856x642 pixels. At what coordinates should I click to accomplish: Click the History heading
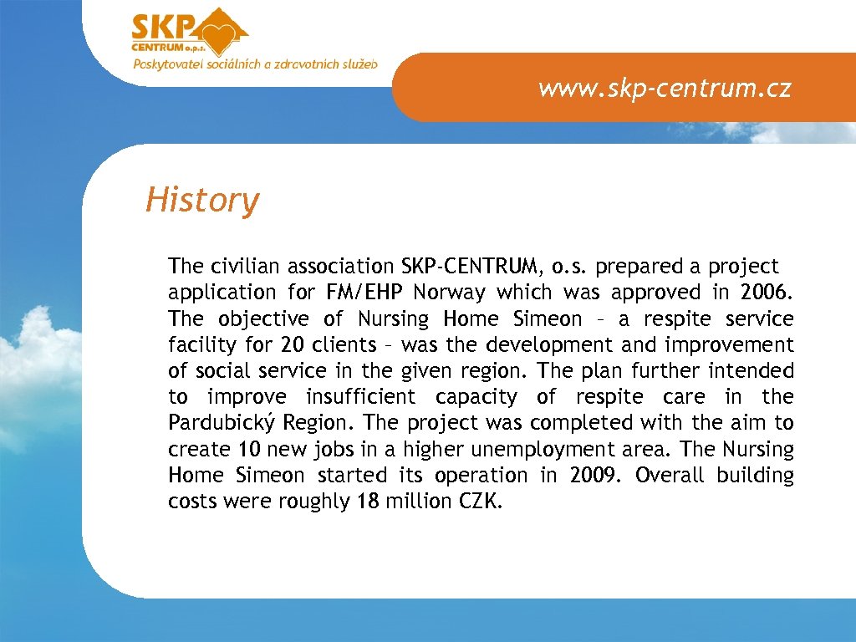[202, 201]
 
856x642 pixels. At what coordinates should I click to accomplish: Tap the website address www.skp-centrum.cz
[664, 88]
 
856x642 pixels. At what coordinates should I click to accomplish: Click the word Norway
[449, 293]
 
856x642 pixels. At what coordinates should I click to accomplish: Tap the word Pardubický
[222, 423]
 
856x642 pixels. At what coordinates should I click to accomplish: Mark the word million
[417, 502]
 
